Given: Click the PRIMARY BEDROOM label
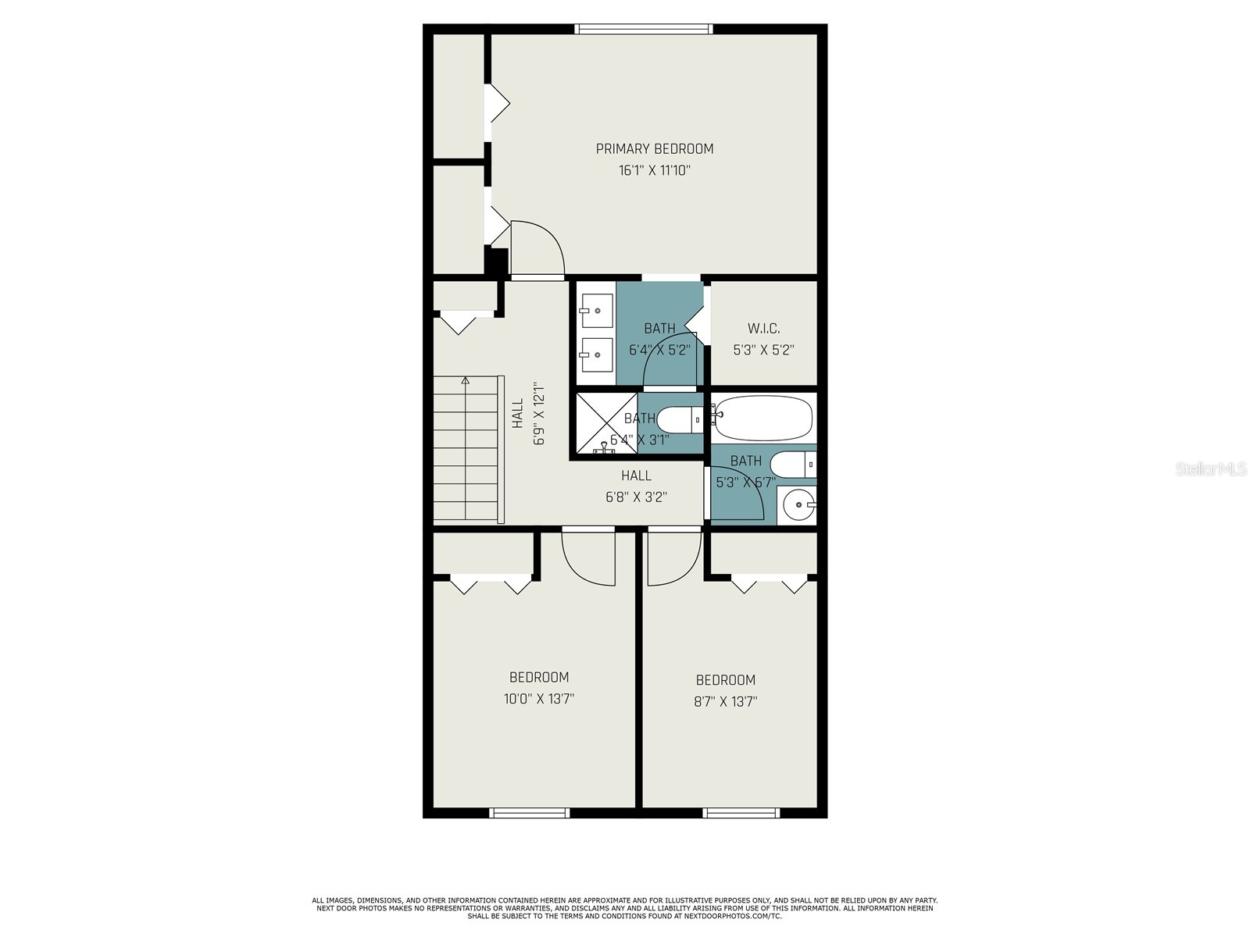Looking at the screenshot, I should tap(655, 148).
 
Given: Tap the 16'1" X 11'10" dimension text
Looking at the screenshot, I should tap(655, 170).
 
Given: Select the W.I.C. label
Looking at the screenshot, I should tap(763, 328).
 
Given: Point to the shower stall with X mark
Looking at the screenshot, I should tap(606, 422).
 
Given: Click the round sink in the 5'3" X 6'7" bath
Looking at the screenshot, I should tap(798, 505).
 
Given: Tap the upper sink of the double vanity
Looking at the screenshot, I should tap(598, 309).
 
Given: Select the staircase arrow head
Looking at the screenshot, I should tap(466, 381).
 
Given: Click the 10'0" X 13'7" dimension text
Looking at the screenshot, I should tap(539, 699).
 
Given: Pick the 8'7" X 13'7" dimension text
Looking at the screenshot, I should tap(726, 701).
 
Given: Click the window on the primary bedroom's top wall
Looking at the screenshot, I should tap(644, 30).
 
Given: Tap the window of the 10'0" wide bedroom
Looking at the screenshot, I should tap(530, 813).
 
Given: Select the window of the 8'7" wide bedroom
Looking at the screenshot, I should tap(741, 813).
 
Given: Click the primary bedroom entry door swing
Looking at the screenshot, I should tap(537, 248).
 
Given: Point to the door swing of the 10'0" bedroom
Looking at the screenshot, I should tap(588, 556).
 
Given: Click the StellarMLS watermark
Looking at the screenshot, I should tap(1211, 469).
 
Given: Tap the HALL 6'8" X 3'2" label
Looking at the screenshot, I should tap(636, 486).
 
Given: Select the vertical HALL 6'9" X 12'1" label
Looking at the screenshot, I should tap(527, 414).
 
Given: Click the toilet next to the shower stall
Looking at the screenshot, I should tap(679, 419).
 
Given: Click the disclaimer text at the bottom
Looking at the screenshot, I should tap(625, 908).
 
